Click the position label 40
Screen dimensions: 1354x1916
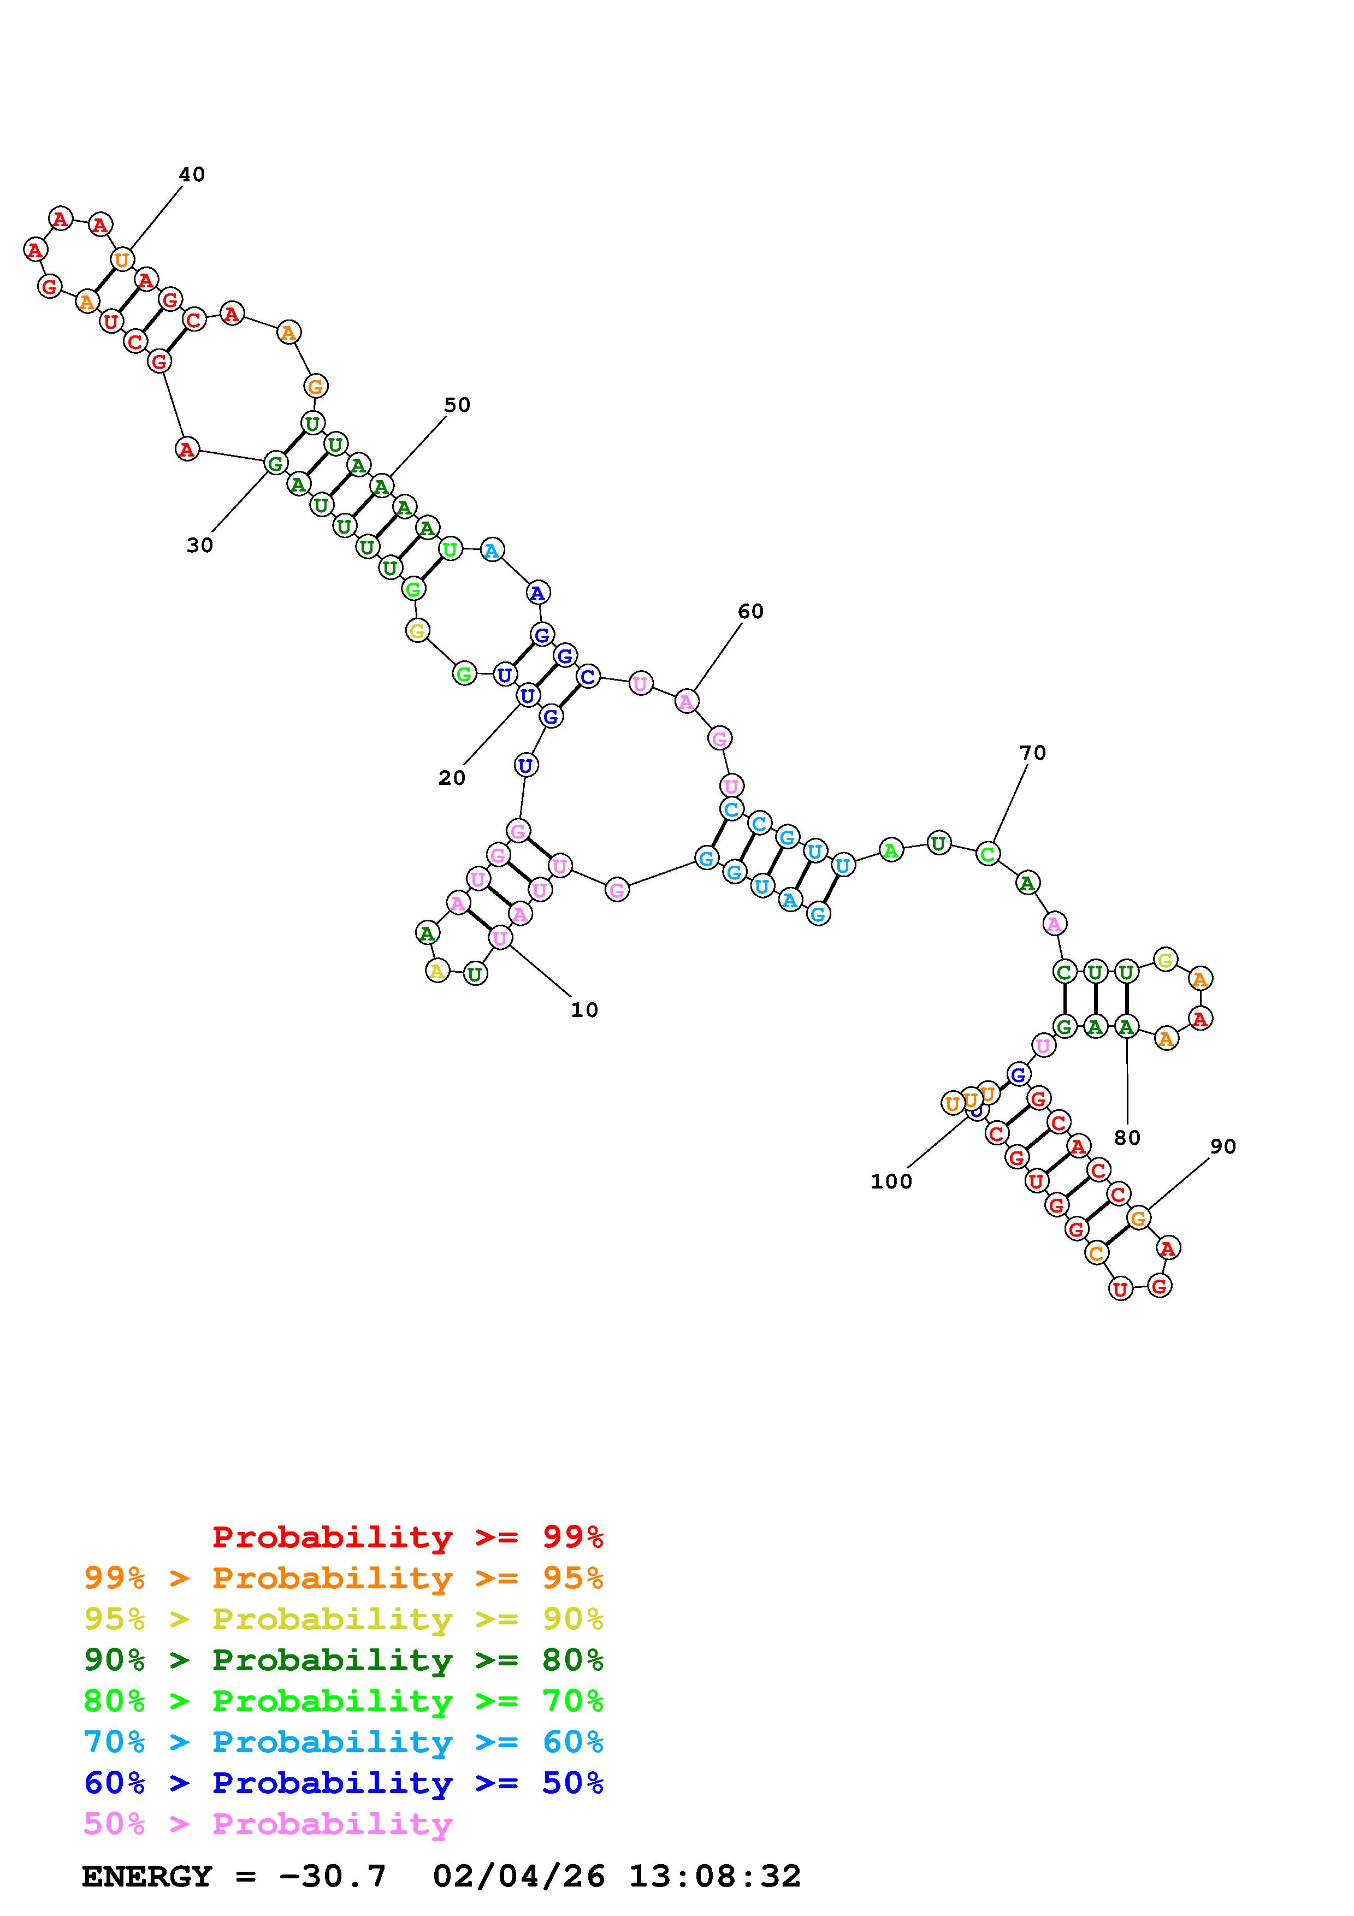192,174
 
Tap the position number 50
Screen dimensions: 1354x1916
457,405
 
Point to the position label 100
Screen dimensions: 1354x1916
891,1181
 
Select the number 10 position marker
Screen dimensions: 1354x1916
584,1010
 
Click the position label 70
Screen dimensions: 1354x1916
1032,753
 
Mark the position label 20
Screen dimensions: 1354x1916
451,778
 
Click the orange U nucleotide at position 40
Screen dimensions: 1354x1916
122,259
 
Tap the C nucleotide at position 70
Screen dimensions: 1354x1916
988,854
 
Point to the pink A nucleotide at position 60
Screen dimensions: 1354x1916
686,702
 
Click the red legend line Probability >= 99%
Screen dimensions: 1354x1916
408,1536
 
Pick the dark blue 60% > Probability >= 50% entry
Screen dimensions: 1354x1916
344,1783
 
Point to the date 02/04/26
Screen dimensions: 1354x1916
519,1876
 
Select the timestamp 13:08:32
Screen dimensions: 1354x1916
714,1876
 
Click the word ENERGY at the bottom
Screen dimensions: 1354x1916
147,1876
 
